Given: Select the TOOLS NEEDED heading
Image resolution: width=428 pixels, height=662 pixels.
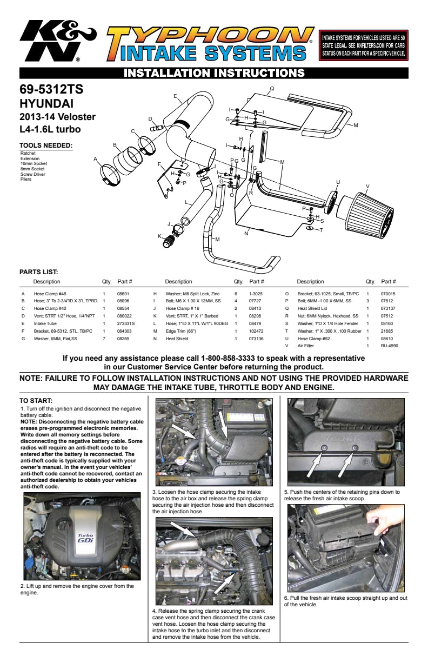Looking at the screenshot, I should (46, 145).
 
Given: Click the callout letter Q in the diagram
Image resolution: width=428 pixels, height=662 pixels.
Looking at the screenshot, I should (272, 89).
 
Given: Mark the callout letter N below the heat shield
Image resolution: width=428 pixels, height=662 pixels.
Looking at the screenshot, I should (246, 234).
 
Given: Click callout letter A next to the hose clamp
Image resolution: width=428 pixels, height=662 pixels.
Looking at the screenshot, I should (95, 159).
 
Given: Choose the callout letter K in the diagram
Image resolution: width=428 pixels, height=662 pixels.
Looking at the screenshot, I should (159, 236).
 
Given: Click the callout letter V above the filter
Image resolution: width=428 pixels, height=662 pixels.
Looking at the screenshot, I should (367, 187).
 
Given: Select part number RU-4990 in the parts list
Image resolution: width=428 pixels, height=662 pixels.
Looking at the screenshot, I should (389, 346).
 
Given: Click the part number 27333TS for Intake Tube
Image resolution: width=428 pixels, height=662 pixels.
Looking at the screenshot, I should (126, 323).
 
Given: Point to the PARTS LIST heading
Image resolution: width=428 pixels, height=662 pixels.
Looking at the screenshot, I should (38, 272).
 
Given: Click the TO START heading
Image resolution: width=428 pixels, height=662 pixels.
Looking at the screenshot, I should (35, 400).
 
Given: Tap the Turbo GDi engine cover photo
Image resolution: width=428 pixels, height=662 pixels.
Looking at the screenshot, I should (82, 537).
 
